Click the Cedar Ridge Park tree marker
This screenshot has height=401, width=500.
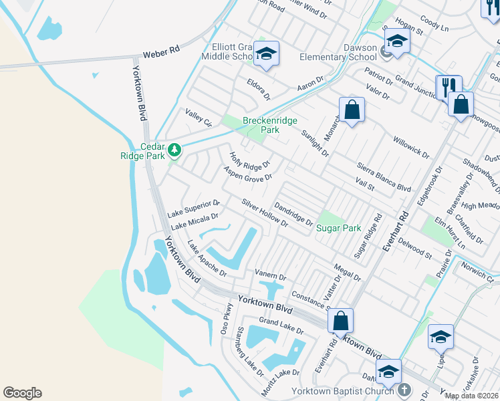click(x=174, y=148)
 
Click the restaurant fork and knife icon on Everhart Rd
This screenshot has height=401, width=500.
click(x=447, y=87)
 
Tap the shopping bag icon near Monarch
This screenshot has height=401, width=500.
click(x=352, y=110)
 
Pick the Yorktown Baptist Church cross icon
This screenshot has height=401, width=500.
click(x=403, y=390)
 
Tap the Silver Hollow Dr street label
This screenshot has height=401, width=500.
click(x=265, y=213)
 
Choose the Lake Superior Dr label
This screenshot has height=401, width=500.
click(x=193, y=208)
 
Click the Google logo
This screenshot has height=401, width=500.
click(x=22, y=392)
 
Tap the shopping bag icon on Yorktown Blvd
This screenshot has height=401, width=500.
click(x=341, y=321)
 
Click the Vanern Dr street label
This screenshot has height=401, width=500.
click(x=270, y=275)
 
